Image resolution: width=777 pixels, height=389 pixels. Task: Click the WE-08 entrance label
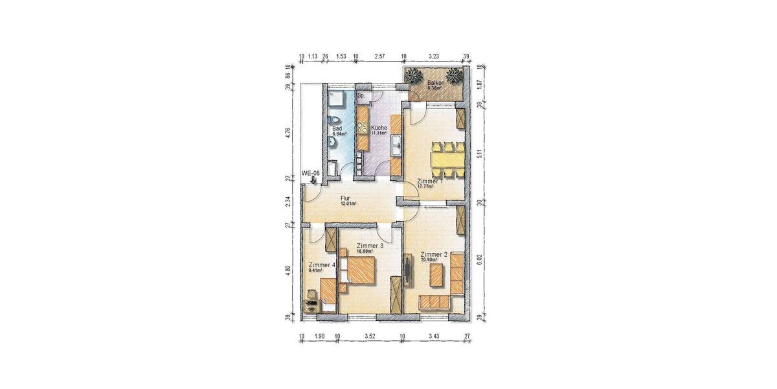pos(311,173)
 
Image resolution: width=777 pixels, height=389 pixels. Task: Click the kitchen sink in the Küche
pos(397,147)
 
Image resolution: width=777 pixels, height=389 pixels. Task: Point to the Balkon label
pos(436,83)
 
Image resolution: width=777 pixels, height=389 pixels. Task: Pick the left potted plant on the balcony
pos(414,76)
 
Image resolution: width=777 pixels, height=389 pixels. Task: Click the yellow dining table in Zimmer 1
pos(447,159)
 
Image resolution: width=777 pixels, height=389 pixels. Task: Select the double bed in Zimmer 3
pos(357,267)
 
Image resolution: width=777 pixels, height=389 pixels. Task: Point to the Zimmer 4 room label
pos(322,265)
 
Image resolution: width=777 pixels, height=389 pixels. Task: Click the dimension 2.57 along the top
pos(380,56)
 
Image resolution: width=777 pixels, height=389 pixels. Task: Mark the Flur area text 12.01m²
pos(348,204)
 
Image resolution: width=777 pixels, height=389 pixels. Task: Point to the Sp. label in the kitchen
pos(361,96)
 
